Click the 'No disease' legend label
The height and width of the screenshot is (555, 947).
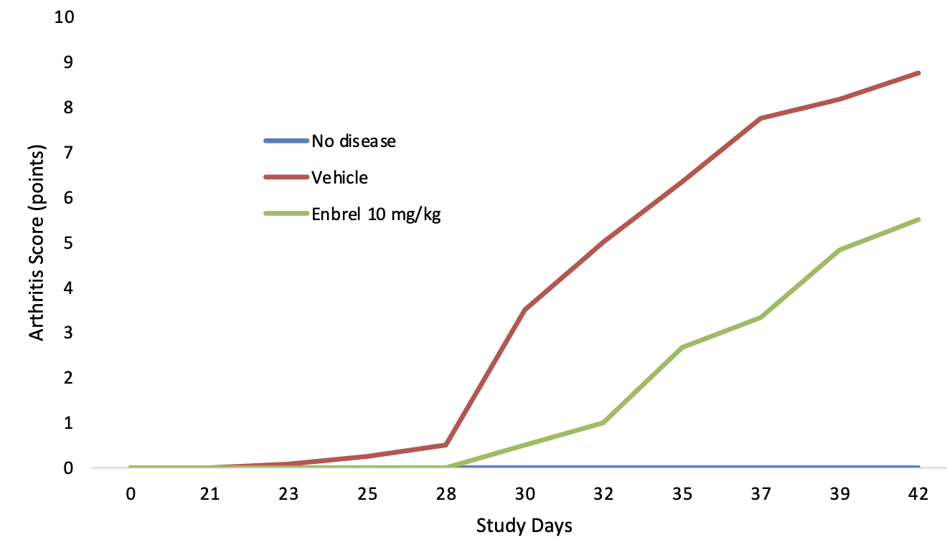click(353, 141)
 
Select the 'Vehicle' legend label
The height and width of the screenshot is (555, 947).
click(339, 178)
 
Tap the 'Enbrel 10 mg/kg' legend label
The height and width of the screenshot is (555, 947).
click(376, 215)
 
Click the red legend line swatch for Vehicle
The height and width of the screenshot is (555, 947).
click(286, 178)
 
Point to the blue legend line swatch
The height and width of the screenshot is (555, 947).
click(286, 141)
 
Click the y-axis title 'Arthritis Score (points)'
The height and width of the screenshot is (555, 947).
click(37, 242)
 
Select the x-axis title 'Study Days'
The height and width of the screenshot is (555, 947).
click(524, 527)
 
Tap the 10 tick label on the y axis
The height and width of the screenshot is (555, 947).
click(64, 16)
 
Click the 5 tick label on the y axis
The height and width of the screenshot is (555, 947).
click(69, 242)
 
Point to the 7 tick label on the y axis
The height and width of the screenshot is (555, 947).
click(69, 152)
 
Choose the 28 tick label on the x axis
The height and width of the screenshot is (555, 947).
click(446, 494)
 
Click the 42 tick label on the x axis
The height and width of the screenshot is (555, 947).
click(919, 494)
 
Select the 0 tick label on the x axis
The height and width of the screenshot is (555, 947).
click(130, 494)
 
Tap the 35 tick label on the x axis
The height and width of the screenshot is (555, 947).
click(682, 494)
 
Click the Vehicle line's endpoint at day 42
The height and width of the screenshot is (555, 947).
click(918, 72)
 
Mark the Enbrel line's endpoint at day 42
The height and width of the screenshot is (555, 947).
click(918, 219)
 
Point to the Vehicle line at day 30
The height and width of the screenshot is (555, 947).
click(524, 310)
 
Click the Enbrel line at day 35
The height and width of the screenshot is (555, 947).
click(682, 347)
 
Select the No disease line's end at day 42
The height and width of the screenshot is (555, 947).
click(918, 468)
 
